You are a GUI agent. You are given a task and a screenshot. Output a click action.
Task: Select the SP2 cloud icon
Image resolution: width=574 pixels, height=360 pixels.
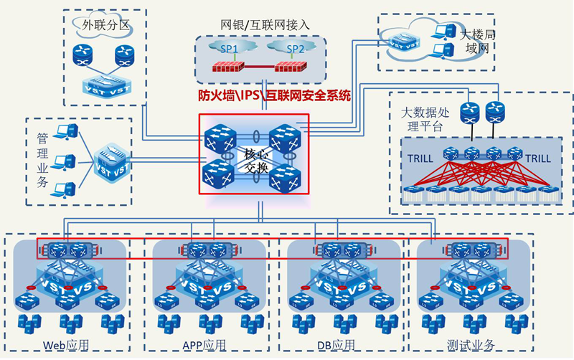pyautogui.click(x=295, y=49)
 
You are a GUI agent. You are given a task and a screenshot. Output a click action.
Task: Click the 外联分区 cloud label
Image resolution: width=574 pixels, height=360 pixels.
pyautogui.click(x=105, y=25)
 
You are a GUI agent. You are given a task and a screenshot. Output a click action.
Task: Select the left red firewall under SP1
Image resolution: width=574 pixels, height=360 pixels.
pyautogui.click(x=230, y=69)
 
